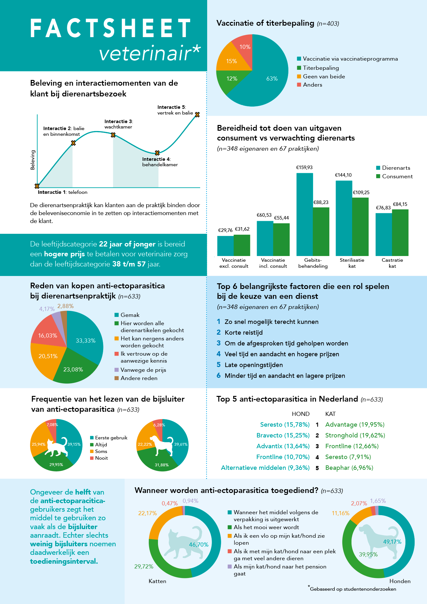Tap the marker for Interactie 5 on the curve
tap(197, 115)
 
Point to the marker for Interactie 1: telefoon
tap(37, 186)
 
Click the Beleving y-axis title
tap(33, 160)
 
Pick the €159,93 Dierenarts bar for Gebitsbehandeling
tap(305, 214)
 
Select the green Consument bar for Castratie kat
tap(400, 233)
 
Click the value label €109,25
tap(361, 193)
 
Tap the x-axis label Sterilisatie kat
tap(352, 263)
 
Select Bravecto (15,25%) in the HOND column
tap(283, 435)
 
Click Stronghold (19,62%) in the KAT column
tap(355, 435)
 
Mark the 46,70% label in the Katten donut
tap(199, 545)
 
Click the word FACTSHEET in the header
tap(111, 28)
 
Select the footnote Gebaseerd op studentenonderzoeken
tap(353, 589)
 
